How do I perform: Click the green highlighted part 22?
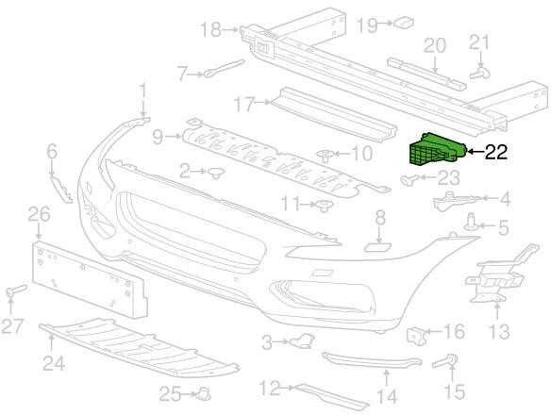click(437, 149)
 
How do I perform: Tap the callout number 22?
click(496, 152)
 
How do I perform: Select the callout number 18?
click(210, 29)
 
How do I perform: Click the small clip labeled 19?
click(404, 23)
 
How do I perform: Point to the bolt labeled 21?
click(479, 73)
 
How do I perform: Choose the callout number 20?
click(435, 45)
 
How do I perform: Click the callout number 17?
click(244, 105)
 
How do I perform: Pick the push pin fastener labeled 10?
click(326, 156)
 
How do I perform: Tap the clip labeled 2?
click(217, 173)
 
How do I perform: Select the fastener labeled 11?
click(324, 206)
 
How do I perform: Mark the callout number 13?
click(499, 332)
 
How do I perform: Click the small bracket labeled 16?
click(416, 335)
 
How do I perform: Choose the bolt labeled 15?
click(445, 361)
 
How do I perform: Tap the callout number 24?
click(54, 363)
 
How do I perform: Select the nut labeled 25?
click(204, 393)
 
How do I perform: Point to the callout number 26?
click(39, 214)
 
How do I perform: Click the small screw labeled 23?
click(409, 179)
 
